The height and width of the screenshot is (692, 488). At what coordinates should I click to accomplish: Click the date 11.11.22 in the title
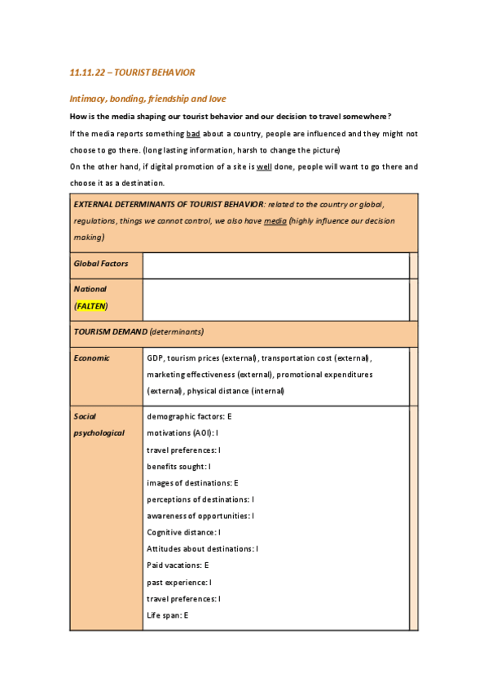(x=86, y=73)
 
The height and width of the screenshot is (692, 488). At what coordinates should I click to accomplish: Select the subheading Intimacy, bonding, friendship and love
(x=152, y=99)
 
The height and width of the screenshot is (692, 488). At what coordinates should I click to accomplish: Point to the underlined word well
(x=286, y=166)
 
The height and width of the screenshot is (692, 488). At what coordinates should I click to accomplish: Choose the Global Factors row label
(x=101, y=264)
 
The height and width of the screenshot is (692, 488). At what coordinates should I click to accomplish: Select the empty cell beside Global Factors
(x=275, y=265)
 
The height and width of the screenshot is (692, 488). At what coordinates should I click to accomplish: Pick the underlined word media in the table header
(x=275, y=220)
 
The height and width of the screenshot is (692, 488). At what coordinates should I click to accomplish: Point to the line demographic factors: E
(x=189, y=416)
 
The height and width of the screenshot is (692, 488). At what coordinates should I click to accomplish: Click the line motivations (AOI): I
(x=182, y=432)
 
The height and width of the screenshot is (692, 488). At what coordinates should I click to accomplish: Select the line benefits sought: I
(x=179, y=466)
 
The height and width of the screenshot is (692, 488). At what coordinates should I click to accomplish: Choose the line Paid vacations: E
(x=178, y=565)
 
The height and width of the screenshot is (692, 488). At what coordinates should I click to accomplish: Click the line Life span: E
(x=168, y=614)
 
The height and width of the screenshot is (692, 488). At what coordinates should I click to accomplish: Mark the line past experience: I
(x=179, y=582)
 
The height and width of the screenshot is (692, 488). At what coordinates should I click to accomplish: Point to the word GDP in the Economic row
(x=155, y=358)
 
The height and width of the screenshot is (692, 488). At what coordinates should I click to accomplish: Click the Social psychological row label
(x=99, y=424)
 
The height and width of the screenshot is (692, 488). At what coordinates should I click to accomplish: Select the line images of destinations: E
(x=192, y=482)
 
